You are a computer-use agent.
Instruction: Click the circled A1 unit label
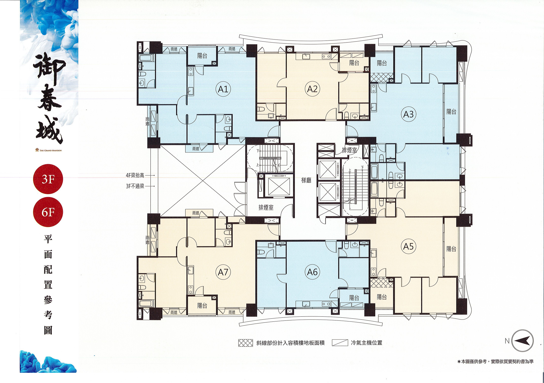point(223,89)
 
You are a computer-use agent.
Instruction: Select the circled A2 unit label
point(312,89)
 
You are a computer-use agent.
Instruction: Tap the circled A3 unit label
point(409,114)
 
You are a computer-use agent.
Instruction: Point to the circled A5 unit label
point(409,246)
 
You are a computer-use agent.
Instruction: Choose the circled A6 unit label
point(312,272)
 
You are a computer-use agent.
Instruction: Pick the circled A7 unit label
point(223,272)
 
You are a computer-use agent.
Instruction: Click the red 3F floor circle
point(48,179)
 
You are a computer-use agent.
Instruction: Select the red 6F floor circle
point(48,212)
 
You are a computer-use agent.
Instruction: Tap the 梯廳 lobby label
point(306,180)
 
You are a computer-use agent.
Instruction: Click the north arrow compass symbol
point(522,341)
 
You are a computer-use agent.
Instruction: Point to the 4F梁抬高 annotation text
point(135,175)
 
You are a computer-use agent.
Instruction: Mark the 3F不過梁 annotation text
point(135,186)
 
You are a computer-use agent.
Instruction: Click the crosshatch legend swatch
point(246,343)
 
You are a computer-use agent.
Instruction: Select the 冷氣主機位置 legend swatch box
point(340,343)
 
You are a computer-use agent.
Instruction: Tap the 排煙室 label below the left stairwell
point(266,208)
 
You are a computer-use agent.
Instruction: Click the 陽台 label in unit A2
point(354,63)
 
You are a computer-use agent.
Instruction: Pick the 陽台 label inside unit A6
point(354,298)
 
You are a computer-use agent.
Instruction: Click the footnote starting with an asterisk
point(495,361)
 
